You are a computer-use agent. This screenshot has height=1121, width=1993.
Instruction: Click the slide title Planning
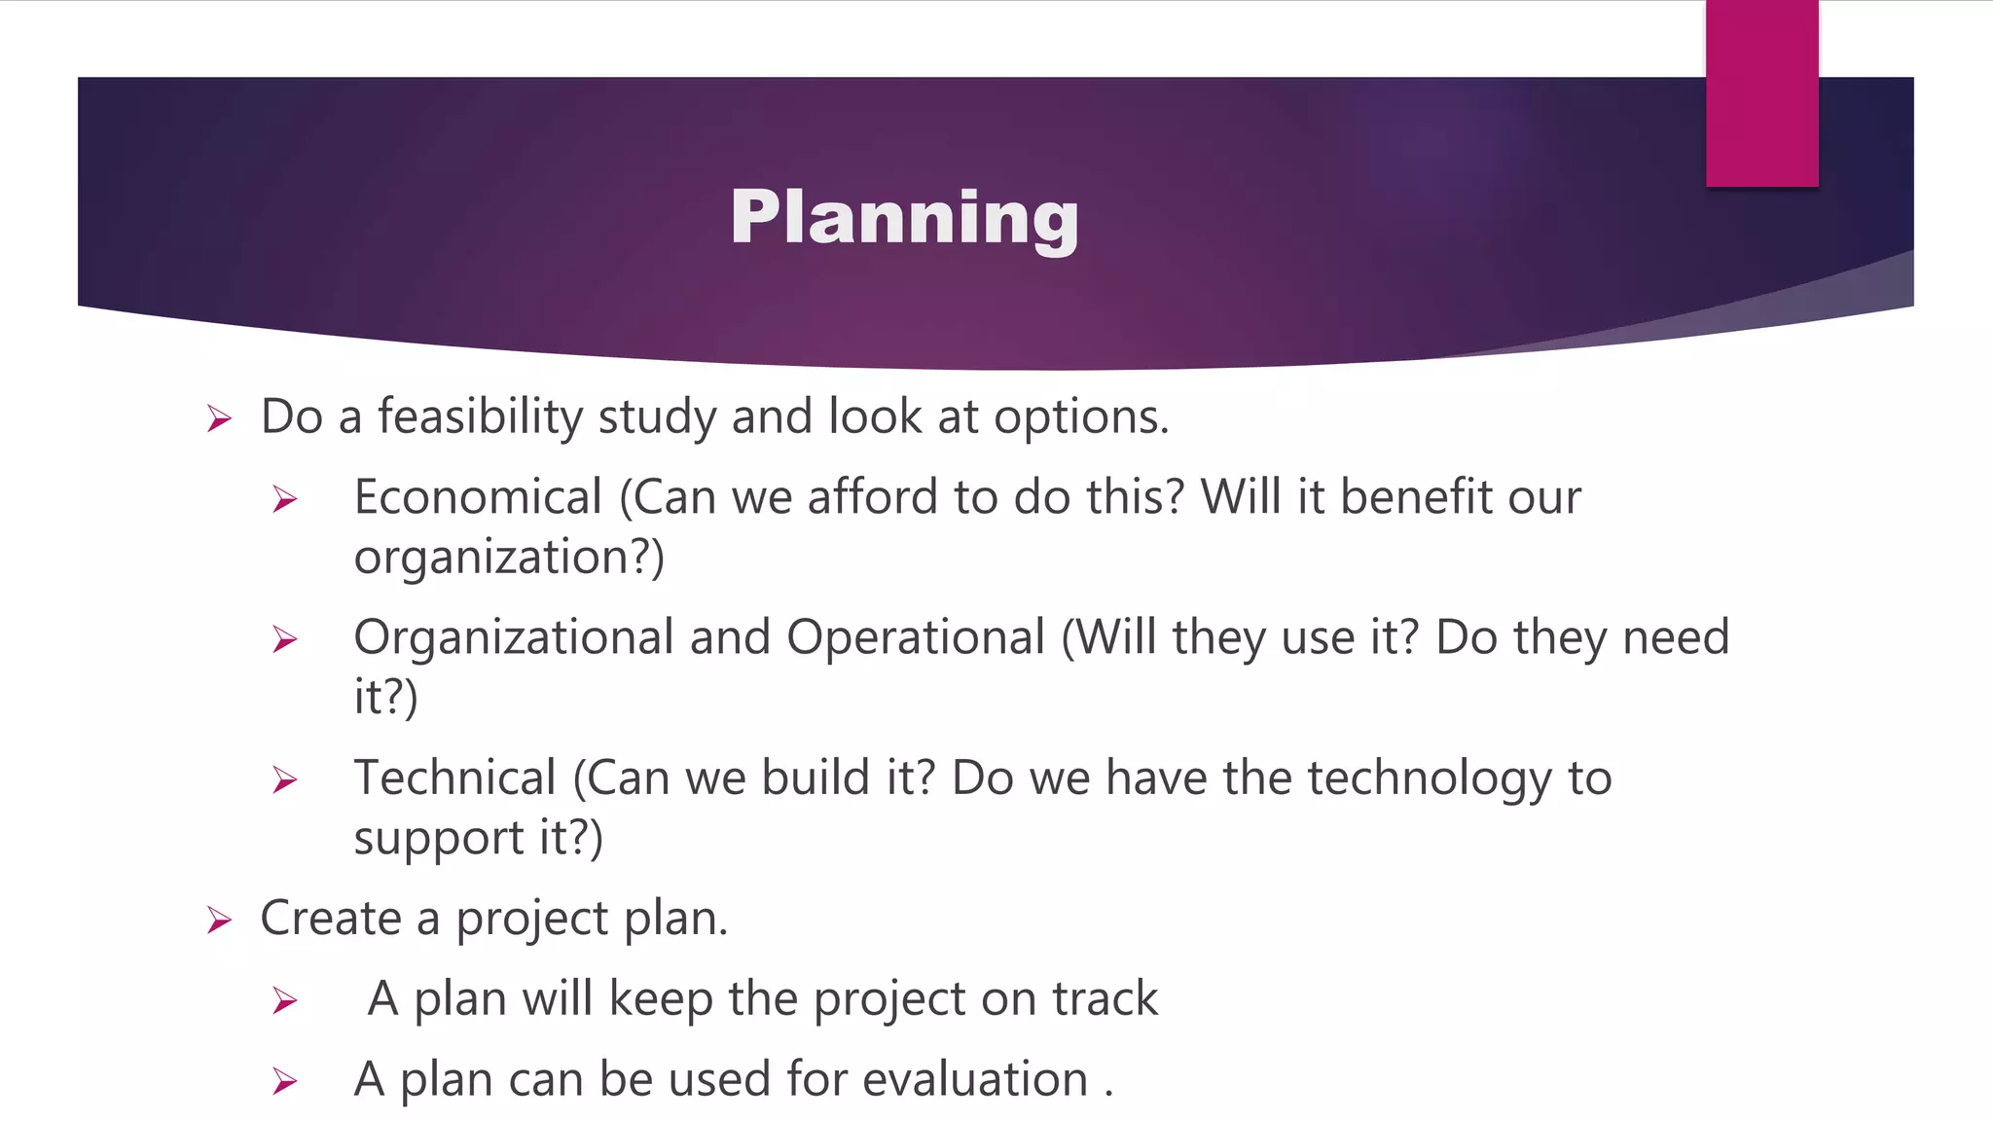904,217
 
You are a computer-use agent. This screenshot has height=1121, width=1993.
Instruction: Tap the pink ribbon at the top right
1761,93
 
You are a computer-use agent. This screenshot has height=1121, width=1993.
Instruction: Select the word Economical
478,497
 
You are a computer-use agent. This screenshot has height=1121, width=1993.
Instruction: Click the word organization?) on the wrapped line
509,558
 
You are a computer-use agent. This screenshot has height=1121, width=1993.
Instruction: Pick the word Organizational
514,637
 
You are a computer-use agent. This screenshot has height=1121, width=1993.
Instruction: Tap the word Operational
915,637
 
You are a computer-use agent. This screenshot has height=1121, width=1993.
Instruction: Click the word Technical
454,777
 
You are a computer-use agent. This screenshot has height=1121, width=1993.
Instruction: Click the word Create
331,918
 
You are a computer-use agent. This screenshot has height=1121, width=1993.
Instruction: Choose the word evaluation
974,1079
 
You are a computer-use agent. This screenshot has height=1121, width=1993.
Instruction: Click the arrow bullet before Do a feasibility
219,419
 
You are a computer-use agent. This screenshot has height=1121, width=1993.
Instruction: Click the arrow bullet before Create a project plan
219,920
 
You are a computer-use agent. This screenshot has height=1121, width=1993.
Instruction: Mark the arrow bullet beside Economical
284,500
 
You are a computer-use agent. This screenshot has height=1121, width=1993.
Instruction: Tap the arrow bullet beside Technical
284,780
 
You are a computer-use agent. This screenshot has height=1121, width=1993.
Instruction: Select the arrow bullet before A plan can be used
284,1081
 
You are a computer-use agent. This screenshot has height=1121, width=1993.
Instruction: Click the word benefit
1416,497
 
